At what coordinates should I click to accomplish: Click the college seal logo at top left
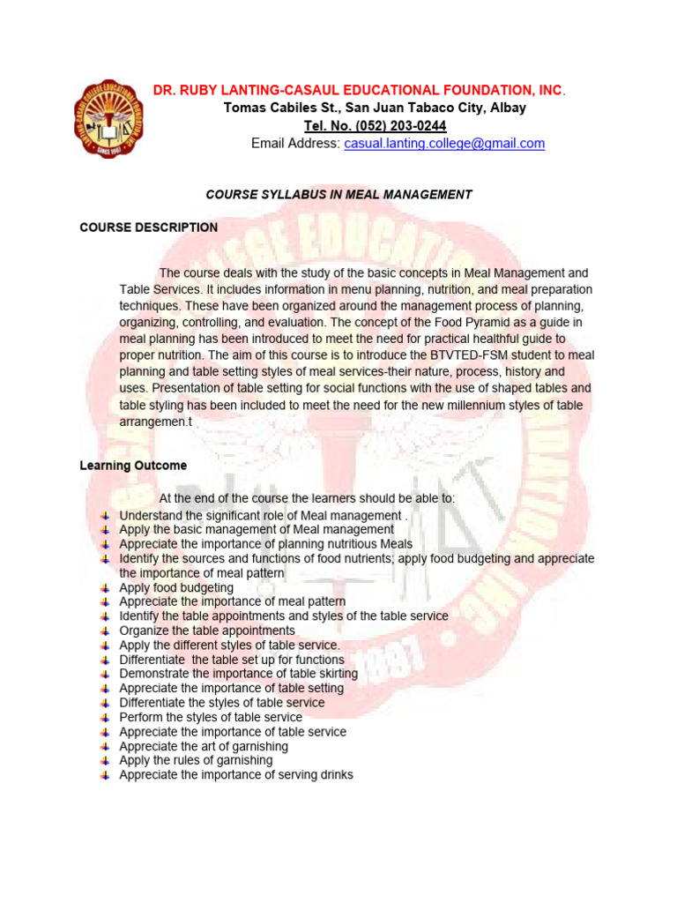tap(108, 117)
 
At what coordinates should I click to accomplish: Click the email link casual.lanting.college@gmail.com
tap(444, 143)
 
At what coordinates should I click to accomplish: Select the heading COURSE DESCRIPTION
tap(148, 227)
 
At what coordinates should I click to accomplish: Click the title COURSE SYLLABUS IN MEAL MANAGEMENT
tap(338, 194)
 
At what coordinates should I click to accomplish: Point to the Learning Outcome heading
tap(132, 465)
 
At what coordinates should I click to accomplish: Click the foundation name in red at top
tap(359, 90)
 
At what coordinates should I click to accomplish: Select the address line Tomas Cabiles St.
tap(375, 108)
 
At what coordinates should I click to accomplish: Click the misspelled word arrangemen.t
tap(155, 422)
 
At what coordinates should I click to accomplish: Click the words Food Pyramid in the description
tap(406, 323)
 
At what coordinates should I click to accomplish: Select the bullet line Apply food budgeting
tap(176, 587)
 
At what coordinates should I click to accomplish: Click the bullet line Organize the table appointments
tap(206, 631)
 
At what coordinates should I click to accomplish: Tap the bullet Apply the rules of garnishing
tap(196, 760)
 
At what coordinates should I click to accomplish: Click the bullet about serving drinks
tap(235, 774)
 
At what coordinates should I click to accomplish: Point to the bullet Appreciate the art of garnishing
tap(203, 746)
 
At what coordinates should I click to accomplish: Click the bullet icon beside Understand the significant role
tap(105, 515)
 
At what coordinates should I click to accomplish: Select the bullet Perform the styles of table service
tap(210, 717)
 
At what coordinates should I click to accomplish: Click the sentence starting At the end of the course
tap(307, 497)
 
